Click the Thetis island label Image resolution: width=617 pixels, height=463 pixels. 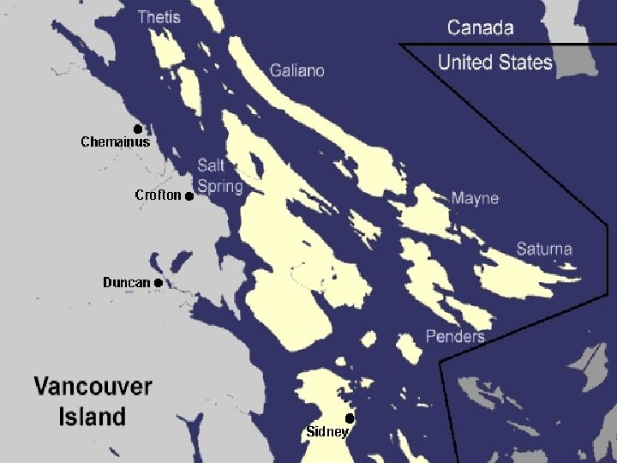pyautogui.click(x=159, y=16)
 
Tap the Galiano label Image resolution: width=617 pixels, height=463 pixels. pyautogui.click(x=297, y=70)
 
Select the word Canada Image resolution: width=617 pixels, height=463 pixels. pyautogui.click(x=481, y=27)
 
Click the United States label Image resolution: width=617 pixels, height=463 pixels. pyautogui.click(x=494, y=62)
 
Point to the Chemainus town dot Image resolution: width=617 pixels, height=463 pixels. pyautogui.click(x=137, y=129)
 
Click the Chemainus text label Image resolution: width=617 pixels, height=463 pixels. pyautogui.click(x=115, y=142)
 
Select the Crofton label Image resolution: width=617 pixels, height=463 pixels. pyautogui.click(x=158, y=195)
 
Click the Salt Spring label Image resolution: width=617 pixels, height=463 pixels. pyautogui.click(x=219, y=176)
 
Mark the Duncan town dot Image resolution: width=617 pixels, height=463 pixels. pyautogui.click(x=159, y=282)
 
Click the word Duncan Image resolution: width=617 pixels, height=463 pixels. pyautogui.click(x=126, y=282)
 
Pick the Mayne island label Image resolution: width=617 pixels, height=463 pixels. pyautogui.click(x=475, y=198)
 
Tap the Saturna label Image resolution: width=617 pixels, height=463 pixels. pyautogui.click(x=544, y=250)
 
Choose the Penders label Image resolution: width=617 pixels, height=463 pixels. pyautogui.click(x=455, y=336)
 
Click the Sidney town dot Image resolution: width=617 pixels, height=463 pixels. pyautogui.click(x=350, y=418)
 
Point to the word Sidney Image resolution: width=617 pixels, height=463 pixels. pyautogui.click(x=326, y=432)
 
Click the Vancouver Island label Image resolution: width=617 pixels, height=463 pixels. pyautogui.click(x=93, y=401)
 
